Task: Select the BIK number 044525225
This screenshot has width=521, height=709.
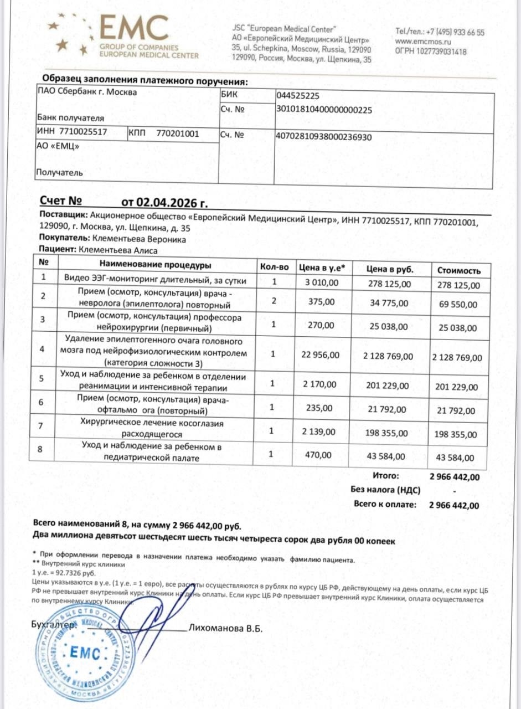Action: (x=297, y=95)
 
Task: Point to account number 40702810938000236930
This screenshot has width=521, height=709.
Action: (x=323, y=136)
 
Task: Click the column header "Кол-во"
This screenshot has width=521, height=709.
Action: (x=275, y=267)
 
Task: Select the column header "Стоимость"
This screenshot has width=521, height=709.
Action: (x=459, y=271)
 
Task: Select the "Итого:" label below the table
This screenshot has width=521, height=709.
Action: (x=386, y=475)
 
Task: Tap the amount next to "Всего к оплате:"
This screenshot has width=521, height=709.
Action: (x=454, y=505)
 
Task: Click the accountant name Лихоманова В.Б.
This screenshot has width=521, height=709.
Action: (x=225, y=629)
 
